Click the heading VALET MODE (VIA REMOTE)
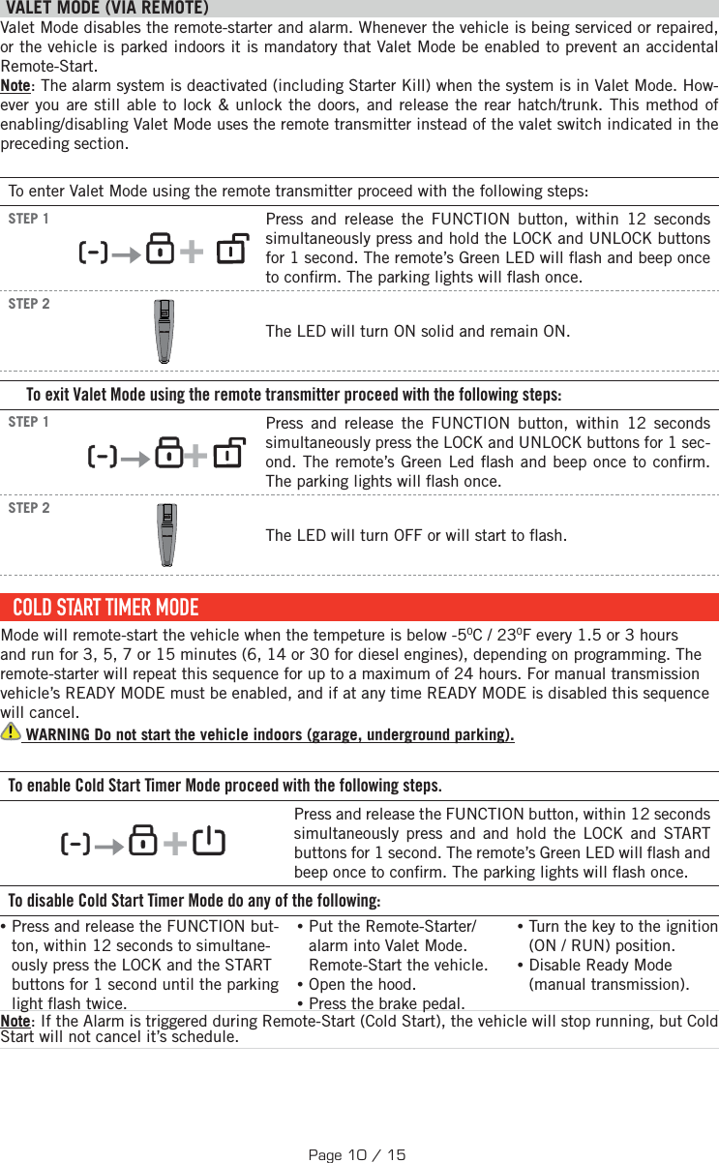pos(106,9)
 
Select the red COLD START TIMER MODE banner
pos(359,608)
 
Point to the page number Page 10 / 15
pos(357,1154)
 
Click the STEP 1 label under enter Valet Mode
pos(29,219)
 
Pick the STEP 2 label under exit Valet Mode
pos(29,508)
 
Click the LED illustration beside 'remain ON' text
pos(165,332)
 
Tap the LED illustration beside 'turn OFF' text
pos(167,535)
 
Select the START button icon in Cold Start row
pos(208,841)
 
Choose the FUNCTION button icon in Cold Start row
pos(75,844)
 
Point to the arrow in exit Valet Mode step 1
pos(136,458)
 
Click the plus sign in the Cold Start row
pos(175,844)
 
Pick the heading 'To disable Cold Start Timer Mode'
pos(194,901)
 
